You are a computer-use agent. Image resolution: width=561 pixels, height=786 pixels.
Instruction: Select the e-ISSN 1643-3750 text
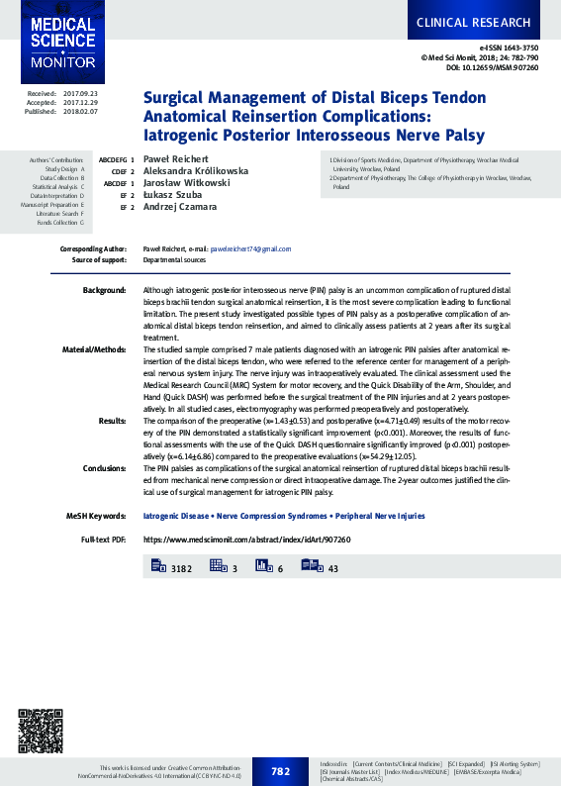509,48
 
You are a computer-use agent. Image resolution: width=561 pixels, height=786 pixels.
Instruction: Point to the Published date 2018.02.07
80,112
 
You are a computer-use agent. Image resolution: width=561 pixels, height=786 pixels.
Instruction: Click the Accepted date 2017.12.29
80,102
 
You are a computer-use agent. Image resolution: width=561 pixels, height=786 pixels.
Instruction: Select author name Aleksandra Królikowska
196,170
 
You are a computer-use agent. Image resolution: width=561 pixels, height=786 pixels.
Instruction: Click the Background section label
104,290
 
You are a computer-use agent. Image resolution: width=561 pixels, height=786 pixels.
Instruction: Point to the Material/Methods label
94,349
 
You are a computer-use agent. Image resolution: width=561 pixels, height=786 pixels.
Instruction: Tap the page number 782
280,771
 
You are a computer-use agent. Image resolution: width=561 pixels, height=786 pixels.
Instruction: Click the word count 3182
181,568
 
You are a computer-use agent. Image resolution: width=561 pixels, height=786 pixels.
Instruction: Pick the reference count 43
332,568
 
